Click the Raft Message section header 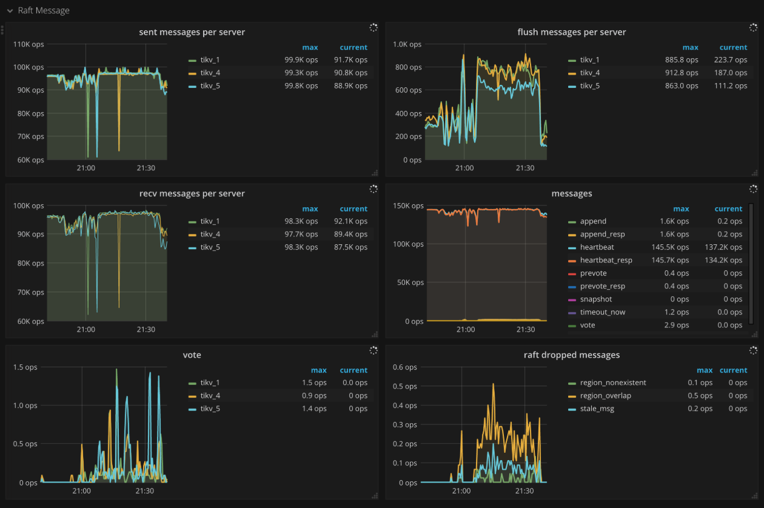[x=43, y=10]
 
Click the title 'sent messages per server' [x=192, y=32]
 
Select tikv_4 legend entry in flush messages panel [x=590, y=73]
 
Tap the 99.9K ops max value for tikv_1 [x=301, y=60]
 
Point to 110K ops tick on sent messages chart [x=28, y=44]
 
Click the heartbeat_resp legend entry [x=605, y=260]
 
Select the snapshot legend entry [x=595, y=299]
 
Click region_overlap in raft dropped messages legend [x=605, y=396]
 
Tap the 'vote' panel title [x=192, y=355]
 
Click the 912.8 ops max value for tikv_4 [x=682, y=73]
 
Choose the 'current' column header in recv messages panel [x=354, y=209]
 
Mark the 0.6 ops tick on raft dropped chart [x=405, y=367]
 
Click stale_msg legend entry [x=597, y=409]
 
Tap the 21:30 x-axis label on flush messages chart [x=525, y=168]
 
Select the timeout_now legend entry [x=602, y=312]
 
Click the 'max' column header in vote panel [x=319, y=370]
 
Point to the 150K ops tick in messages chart [x=409, y=206]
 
